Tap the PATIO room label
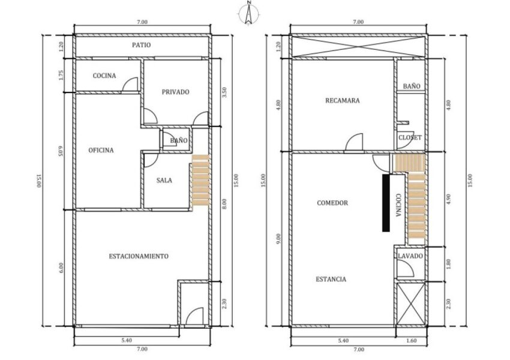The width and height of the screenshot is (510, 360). pyautogui.click(x=142, y=45)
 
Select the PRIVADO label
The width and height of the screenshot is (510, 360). pyautogui.click(x=176, y=92)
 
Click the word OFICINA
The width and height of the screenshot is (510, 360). pyautogui.click(x=101, y=150)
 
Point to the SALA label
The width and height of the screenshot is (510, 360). pyautogui.click(x=164, y=180)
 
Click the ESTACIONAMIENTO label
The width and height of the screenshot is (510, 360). pyautogui.click(x=139, y=256)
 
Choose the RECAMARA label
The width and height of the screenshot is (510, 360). pyautogui.click(x=343, y=100)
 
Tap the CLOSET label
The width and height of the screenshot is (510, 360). pyautogui.click(x=410, y=137)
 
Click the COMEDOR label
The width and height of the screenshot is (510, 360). pyautogui.click(x=332, y=203)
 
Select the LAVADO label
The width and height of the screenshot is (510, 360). pyautogui.click(x=410, y=256)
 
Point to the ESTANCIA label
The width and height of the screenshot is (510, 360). pyautogui.click(x=331, y=280)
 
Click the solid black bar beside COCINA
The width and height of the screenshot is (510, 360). pyautogui.click(x=386, y=203)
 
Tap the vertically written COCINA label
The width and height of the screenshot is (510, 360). pyautogui.click(x=398, y=206)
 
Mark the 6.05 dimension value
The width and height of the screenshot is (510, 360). pyautogui.click(x=61, y=152)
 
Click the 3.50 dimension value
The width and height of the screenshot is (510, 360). pyautogui.click(x=224, y=92)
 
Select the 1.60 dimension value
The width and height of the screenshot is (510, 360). pyautogui.click(x=412, y=340)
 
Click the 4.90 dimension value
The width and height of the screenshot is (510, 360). pyautogui.click(x=449, y=199)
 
